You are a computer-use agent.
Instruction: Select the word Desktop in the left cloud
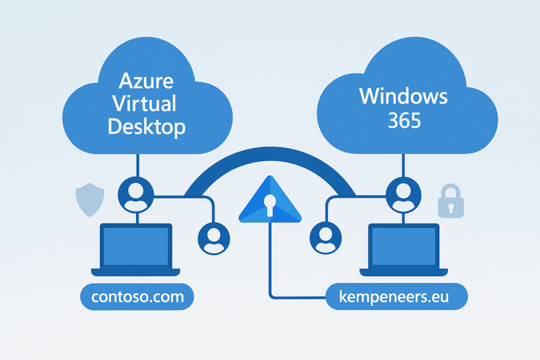[x=147, y=127]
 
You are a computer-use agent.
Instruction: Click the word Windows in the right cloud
[x=403, y=96]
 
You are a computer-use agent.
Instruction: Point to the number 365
[x=404, y=121]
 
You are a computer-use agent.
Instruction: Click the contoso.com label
[x=137, y=297]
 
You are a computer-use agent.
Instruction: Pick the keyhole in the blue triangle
[x=270, y=203]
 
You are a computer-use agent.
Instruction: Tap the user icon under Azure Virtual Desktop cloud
[x=137, y=193]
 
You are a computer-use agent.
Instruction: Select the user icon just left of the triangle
[x=213, y=238]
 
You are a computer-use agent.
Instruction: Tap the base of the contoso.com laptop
[x=136, y=272]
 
